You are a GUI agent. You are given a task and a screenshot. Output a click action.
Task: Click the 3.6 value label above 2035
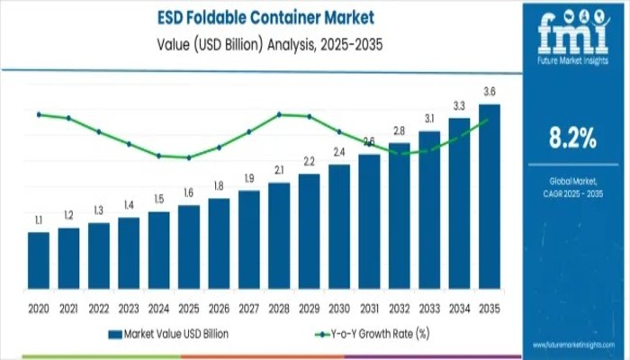(490, 92)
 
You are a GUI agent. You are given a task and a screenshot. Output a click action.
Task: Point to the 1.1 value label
(39, 220)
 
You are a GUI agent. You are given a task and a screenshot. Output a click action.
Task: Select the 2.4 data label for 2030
(339, 152)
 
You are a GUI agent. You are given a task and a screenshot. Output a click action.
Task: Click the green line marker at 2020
(39, 114)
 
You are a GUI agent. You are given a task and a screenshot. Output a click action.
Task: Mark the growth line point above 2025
(189, 157)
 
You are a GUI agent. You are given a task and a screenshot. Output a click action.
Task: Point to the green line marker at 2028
(279, 114)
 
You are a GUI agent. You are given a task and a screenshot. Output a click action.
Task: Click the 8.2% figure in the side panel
(571, 138)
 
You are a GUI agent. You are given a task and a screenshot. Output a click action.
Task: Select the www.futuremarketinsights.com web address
(572, 345)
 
